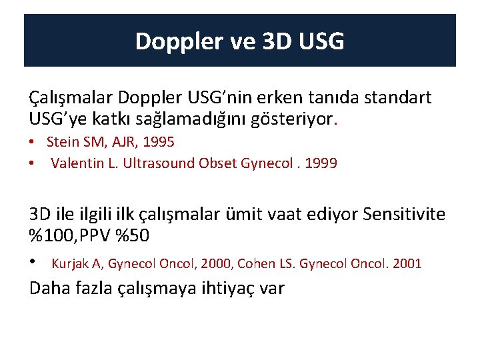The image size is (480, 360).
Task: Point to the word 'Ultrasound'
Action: pyautogui.click(x=163, y=163)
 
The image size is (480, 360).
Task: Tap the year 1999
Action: pyautogui.click(x=322, y=163)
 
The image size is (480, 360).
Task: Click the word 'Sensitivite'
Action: pyautogui.click(x=404, y=213)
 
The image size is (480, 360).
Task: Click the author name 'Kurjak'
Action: pyautogui.click(x=69, y=263)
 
